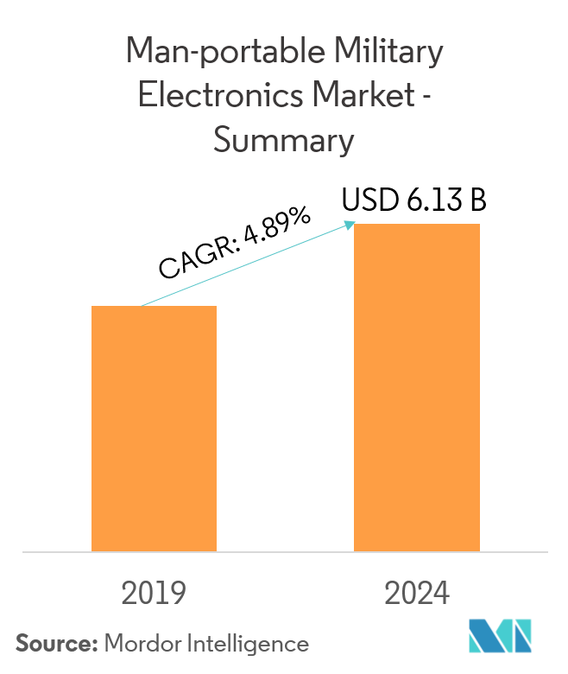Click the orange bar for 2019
click(154, 429)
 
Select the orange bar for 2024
click(417, 387)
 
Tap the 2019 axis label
click(154, 594)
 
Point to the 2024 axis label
click(417, 594)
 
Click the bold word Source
click(54, 643)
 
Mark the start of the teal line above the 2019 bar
click(141, 306)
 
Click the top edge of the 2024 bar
click(417, 225)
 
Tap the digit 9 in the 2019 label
click(177, 594)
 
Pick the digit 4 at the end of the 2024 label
click(440, 594)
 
